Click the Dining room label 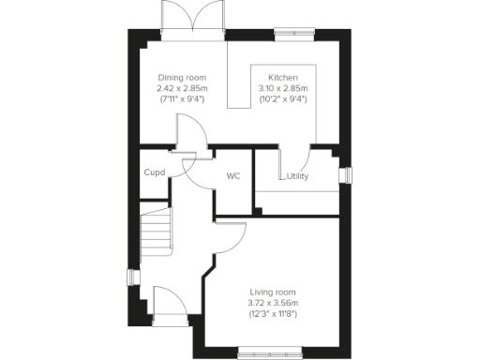point(181,77)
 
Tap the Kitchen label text point(283,77)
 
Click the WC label point(233,174)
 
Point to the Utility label point(298,176)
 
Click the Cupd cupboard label point(155,172)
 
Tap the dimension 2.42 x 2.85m point(181,88)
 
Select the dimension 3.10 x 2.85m point(283,88)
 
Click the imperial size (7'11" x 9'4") point(181,98)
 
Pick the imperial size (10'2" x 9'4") point(283,98)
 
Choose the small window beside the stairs point(132,279)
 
